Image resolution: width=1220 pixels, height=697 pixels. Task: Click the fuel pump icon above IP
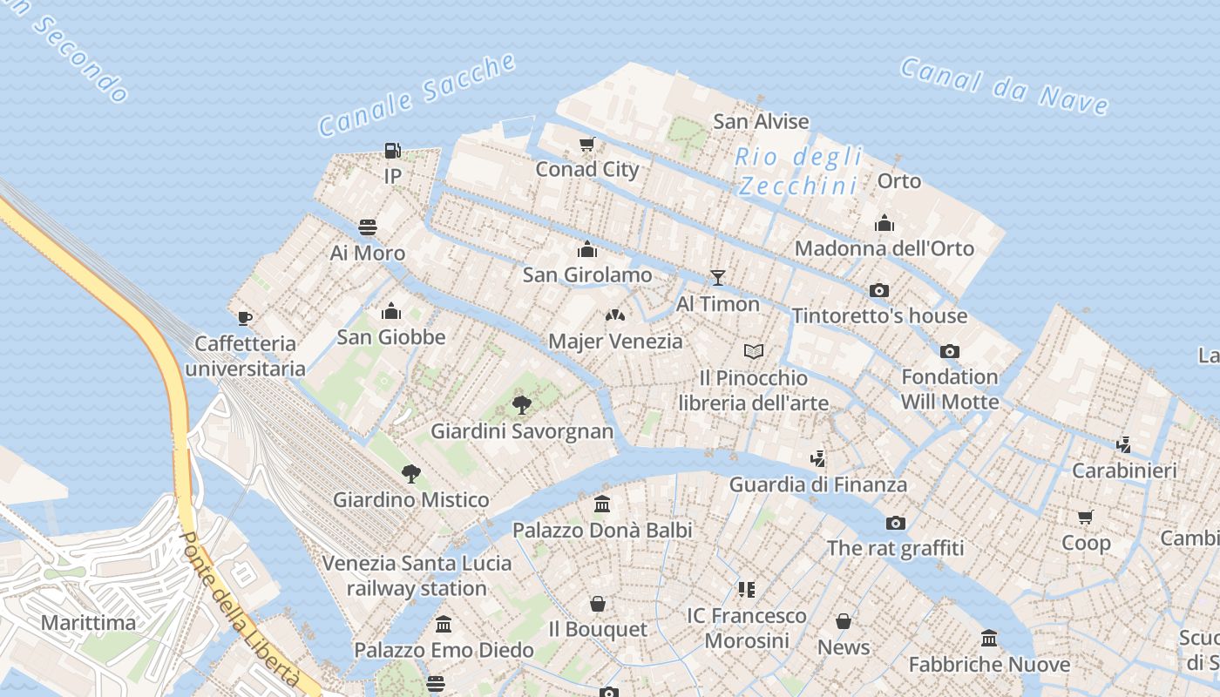click(x=393, y=151)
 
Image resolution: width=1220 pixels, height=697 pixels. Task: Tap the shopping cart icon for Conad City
click(x=587, y=144)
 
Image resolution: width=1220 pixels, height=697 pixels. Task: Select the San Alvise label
click(x=761, y=121)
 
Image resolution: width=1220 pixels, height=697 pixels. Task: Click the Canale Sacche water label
click(x=417, y=94)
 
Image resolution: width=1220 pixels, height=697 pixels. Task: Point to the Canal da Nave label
click(x=1005, y=86)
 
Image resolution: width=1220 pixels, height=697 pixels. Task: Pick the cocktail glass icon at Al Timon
click(x=718, y=278)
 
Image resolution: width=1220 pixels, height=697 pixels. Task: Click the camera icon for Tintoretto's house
click(x=879, y=290)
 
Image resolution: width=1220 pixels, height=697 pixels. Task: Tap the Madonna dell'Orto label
click(x=884, y=248)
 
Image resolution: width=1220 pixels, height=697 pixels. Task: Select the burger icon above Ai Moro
click(x=368, y=227)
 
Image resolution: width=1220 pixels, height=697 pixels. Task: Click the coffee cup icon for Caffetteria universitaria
click(x=245, y=318)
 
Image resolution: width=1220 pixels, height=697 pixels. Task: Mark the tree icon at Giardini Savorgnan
click(x=522, y=405)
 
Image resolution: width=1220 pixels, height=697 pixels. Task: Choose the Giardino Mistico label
click(x=410, y=500)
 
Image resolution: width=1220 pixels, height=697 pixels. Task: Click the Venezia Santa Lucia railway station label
click(x=417, y=575)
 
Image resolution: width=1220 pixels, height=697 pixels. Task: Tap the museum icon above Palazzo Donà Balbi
click(x=602, y=504)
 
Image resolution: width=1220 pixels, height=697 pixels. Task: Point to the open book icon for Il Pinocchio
click(x=754, y=351)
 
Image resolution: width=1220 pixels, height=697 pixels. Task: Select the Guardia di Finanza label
click(x=817, y=484)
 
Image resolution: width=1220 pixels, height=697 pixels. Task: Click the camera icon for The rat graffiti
click(x=895, y=523)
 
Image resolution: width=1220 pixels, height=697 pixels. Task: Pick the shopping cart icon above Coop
click(x=1086, y=518)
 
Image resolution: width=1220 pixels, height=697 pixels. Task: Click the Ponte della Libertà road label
click(x=239, y=610)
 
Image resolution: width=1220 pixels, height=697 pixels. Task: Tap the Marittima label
click(x=88, y=623)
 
